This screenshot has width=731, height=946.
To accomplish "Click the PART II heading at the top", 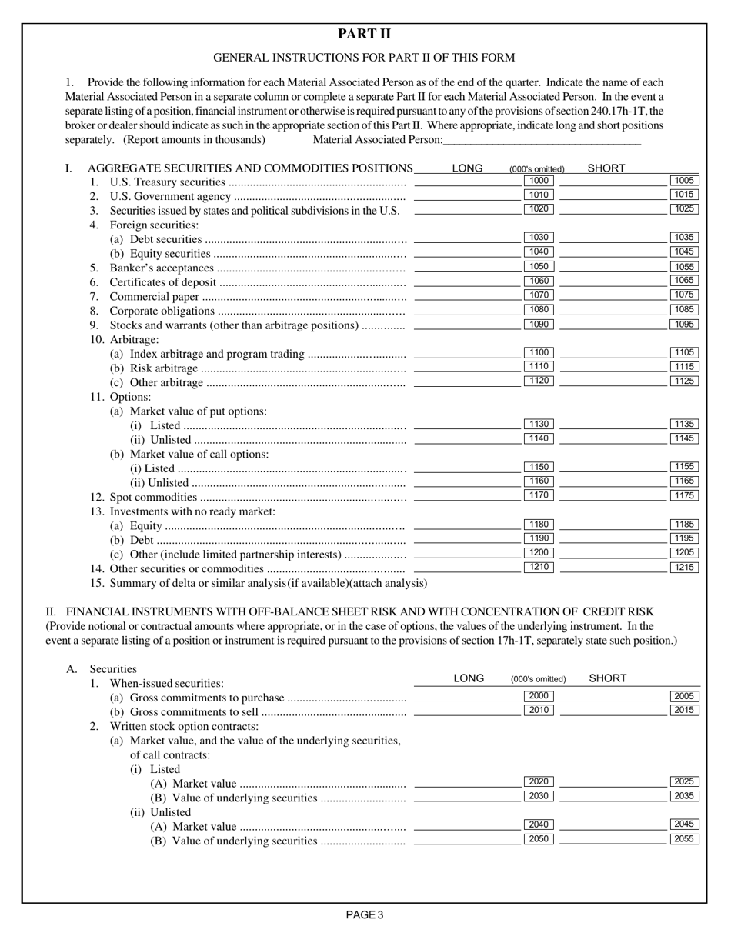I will coord(365,34).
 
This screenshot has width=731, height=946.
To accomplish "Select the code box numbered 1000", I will coord(539,181).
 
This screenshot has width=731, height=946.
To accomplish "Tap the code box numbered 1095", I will coord(684,325).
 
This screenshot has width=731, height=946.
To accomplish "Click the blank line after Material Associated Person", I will coord(542,140).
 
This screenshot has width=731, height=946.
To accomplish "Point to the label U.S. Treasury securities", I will coord(168,182).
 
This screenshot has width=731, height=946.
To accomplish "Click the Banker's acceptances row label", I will coord(162,268).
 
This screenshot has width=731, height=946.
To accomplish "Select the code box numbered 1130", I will coord(539,425).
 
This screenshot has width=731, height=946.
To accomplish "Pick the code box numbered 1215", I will coord(684,568).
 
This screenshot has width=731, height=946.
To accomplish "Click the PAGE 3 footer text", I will coord(365,915).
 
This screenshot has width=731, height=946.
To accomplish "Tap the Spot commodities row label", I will coord(153,497).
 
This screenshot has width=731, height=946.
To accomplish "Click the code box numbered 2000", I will coord(539,696).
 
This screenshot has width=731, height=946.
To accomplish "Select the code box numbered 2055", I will coord(684,839).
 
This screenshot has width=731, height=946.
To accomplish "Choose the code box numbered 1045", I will coord(684,252).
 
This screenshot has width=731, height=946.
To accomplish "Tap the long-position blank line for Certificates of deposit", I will coord(467,281).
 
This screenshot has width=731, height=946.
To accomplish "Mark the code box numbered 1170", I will coord(539,495).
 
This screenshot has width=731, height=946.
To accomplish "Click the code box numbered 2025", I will coord(684,782).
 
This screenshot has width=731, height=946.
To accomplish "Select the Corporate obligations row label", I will coord(162,311).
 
